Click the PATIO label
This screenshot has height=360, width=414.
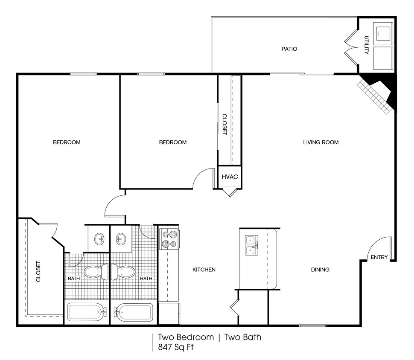(289, 49)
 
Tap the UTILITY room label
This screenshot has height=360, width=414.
(366, 45)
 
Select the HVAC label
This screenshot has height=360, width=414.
(229, 177)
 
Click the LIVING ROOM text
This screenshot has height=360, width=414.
(321, 142)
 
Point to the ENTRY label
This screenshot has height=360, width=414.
(379, 257)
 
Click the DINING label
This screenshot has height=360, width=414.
(320, 270)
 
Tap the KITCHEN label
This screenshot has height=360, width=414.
(204, 270)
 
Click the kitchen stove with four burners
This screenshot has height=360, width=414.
(169, 239)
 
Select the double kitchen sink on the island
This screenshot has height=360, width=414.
(251, 245)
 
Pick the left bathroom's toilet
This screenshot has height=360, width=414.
(96, 272)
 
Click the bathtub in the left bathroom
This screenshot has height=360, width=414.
(86, 313)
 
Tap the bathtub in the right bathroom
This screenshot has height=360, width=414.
(134, 313)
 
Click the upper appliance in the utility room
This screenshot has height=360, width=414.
(383, 33)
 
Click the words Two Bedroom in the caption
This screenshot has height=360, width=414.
(186, 337)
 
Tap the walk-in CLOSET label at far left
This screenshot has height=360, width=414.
(38, 271)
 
